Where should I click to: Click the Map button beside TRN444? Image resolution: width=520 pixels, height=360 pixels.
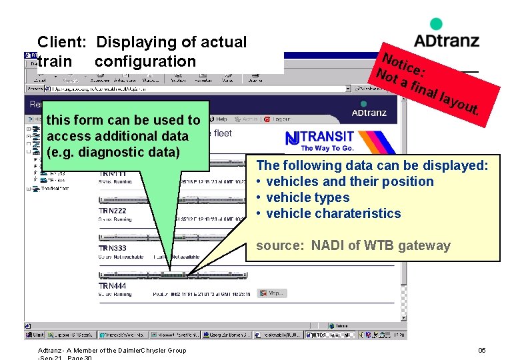pos(273,293)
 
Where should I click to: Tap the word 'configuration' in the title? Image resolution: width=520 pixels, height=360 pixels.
pos(145,61)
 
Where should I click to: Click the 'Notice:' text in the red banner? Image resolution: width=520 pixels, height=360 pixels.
pos(400,61)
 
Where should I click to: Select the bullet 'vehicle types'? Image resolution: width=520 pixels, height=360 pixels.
pos(307,197)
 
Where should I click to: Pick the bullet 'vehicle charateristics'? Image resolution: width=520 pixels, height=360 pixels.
pos(333,213)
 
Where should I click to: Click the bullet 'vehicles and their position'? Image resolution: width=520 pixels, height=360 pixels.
pos(349,181)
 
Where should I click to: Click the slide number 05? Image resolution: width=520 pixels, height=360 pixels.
pos(482,351)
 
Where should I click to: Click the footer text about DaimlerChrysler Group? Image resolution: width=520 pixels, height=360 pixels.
pos(112,351)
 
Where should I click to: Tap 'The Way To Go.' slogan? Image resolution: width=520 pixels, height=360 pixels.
pos(327,148)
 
